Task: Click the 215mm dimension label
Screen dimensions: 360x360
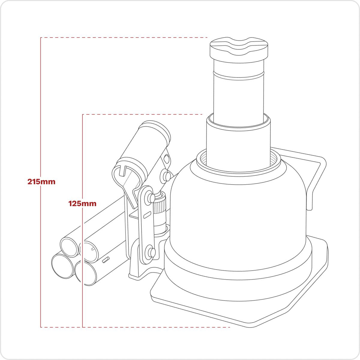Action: [x=41, y=181]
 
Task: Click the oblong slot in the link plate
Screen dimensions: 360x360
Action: [x=147, y=216]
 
